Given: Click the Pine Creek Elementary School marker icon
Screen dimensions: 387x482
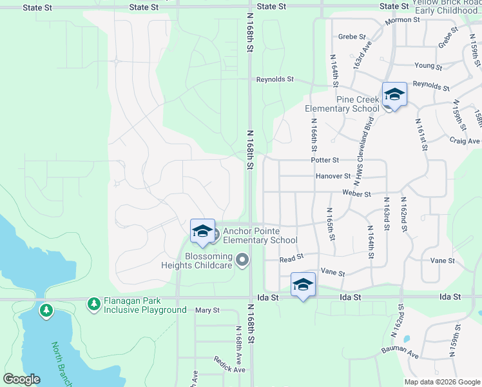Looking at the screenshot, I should pyautogui.click(x=394, y=95).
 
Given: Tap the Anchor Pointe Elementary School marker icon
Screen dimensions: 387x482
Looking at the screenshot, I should pyautogui.click(x=202, y=232).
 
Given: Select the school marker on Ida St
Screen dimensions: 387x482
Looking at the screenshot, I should pyautogui.click(x=303, y=284).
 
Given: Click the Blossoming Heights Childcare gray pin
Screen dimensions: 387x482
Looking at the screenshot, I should pyautogui.click(x=242, y=260).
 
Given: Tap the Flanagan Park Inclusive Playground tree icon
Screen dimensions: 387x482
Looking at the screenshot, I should pyautogui.click(x=94, y=303).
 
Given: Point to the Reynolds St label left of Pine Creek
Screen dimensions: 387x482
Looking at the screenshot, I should pyautogui.click(x=275, y=79).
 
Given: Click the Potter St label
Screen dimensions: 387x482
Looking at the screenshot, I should pyautogui.click(x=324, y=159).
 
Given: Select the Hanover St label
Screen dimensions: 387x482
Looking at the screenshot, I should pyautogui.click(x=333, y=176).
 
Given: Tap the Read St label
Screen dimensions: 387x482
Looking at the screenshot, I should pyautogui.click(x=291, y=259).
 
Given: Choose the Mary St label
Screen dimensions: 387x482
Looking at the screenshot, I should pyautogui.click(x=207, y=310).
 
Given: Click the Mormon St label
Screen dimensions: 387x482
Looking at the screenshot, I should pyautogui.click(x=403, y=21).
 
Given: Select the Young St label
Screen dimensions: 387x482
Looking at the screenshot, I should pyautogui.click(x=429, y=66).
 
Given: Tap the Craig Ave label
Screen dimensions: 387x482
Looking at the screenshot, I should pyautogui.click(x=465, y=141).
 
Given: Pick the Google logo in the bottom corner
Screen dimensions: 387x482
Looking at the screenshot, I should pyautogui.click(x=21, y=379).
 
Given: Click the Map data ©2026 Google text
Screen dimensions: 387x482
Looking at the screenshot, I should pyautogui.click(x=442, y=382).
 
